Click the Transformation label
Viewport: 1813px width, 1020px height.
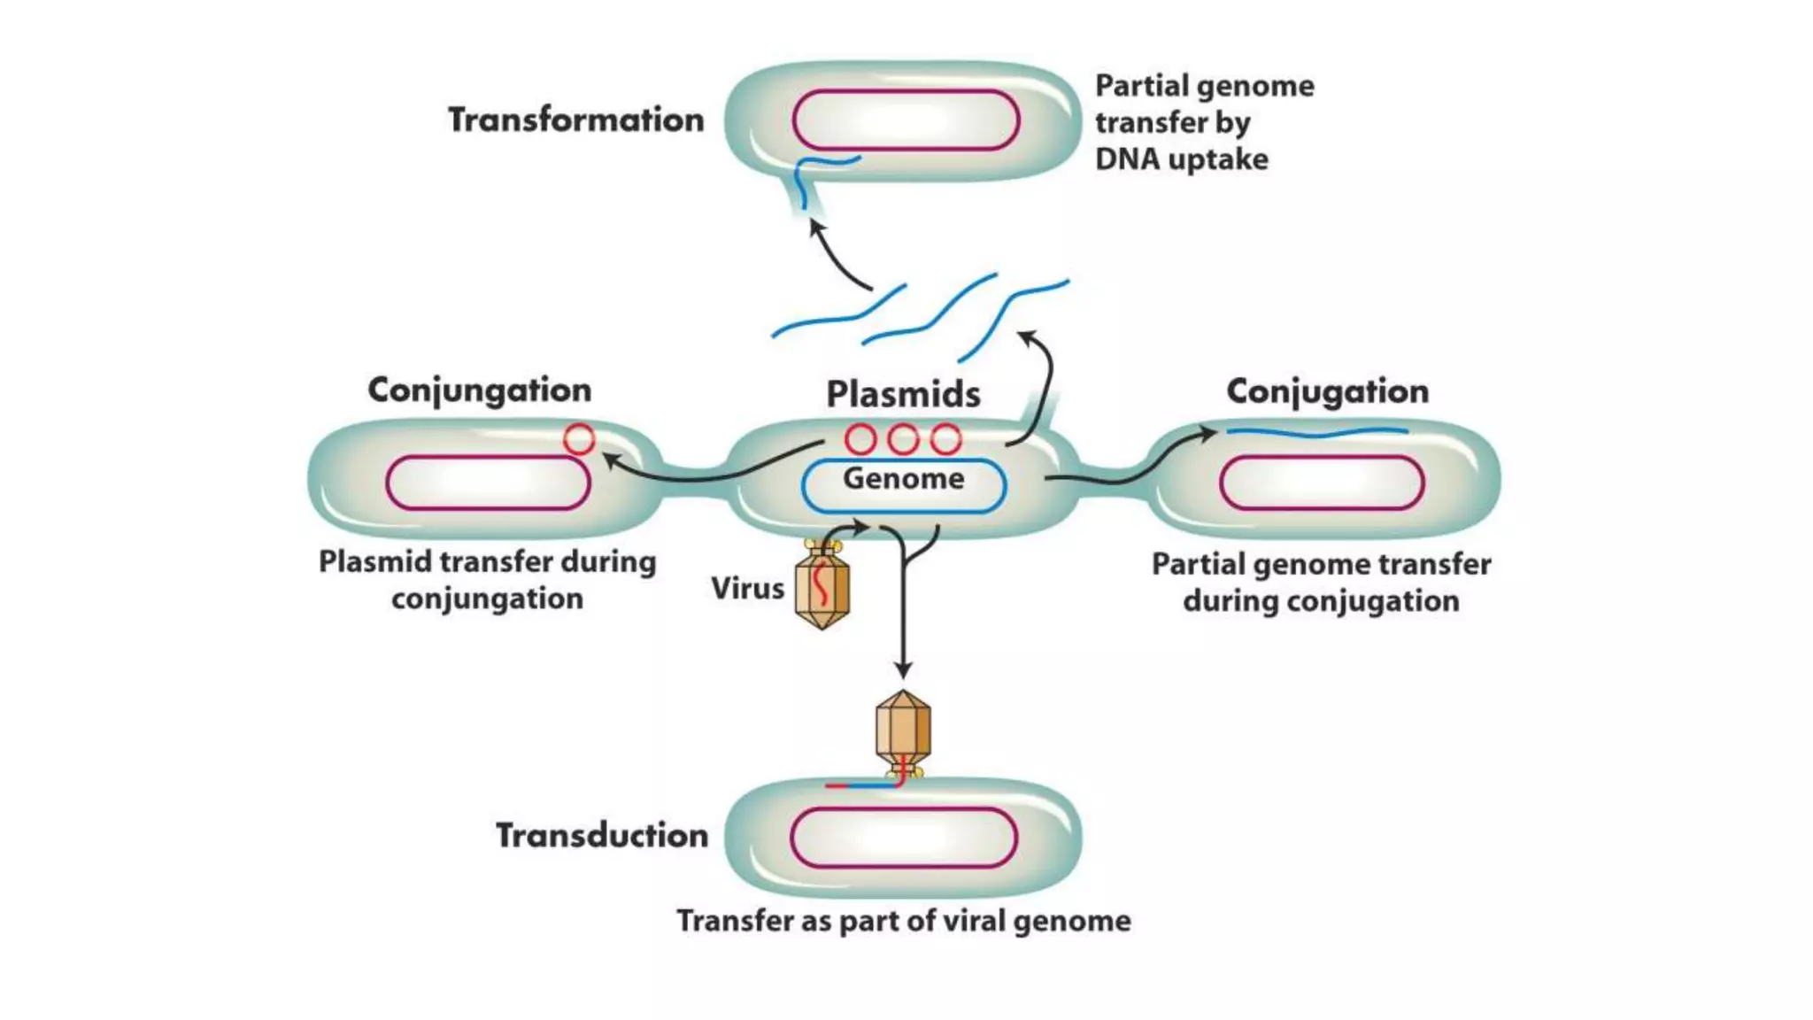[x=575, y=120]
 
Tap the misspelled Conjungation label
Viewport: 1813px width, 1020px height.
[x=479, y=390]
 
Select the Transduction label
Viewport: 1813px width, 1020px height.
[x=602, y=835]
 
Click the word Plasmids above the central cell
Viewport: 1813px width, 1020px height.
[x=903, y=394]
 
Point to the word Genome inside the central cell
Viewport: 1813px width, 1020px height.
[x=903, y=479]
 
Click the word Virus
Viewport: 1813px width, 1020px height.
[x=747, y=588]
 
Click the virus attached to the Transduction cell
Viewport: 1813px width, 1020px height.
[x=903, y=731]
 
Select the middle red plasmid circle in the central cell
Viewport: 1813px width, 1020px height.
[x=903, y=439]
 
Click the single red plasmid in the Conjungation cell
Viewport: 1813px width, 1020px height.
[x=579, y=439]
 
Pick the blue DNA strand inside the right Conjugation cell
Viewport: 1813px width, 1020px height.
[x=1316, y=433]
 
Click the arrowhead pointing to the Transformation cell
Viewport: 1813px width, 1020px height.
[x=817, y=228]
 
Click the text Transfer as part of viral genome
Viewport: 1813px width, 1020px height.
[x=903, y=921]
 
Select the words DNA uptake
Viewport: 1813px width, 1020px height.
[x=1181, y=159]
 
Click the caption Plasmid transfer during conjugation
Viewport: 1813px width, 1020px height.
[x=487, y=580]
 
